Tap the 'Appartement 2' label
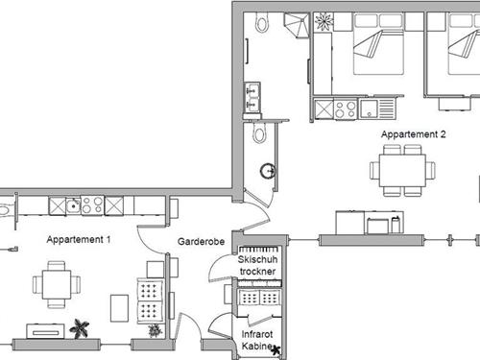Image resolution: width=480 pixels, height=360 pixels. click(414, 134)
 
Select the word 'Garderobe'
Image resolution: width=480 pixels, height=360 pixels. click(201, 243)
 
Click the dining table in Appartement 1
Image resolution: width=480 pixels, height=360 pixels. click(54, 284)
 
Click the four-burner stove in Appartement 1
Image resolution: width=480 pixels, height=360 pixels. click(91, 205)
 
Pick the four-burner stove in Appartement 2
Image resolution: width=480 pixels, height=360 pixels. click(346, 108)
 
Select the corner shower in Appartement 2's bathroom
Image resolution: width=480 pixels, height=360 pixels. click(298, 24)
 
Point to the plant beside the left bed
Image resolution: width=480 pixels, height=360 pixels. click(324, 21)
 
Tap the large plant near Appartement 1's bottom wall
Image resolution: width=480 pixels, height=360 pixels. click(82, 326)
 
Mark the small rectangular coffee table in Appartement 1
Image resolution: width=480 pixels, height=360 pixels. click(120, 307)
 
